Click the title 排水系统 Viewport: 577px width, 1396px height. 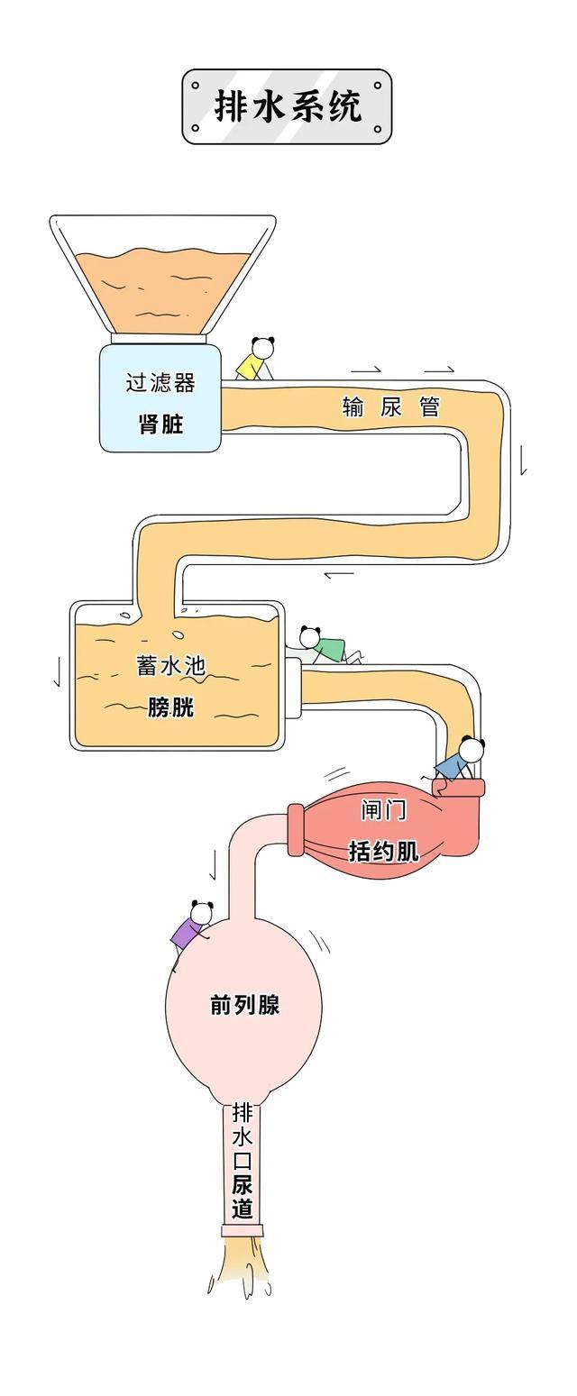pos(288,106)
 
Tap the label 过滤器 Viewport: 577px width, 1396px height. pos(160,383)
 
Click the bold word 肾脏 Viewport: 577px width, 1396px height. pos(160,424)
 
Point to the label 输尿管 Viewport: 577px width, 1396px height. pos(390,406)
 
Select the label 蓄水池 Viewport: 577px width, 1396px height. pos(171,666)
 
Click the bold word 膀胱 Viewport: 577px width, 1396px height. pos(171,707)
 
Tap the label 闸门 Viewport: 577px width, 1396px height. pos(384,810)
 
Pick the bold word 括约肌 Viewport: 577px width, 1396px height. pos(384,850)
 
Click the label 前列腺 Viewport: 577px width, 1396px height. pos(244,1005)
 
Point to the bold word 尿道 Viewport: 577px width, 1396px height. pos(243,1196)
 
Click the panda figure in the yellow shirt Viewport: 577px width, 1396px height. pos(255,359)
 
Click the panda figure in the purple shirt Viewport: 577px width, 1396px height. pos(192,926)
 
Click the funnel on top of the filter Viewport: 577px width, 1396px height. pos(162,275)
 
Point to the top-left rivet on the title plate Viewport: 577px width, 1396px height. pos(196,85)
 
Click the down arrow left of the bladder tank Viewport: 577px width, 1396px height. pos(57,671)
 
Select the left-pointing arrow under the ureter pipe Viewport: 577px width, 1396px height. pos(339,574)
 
